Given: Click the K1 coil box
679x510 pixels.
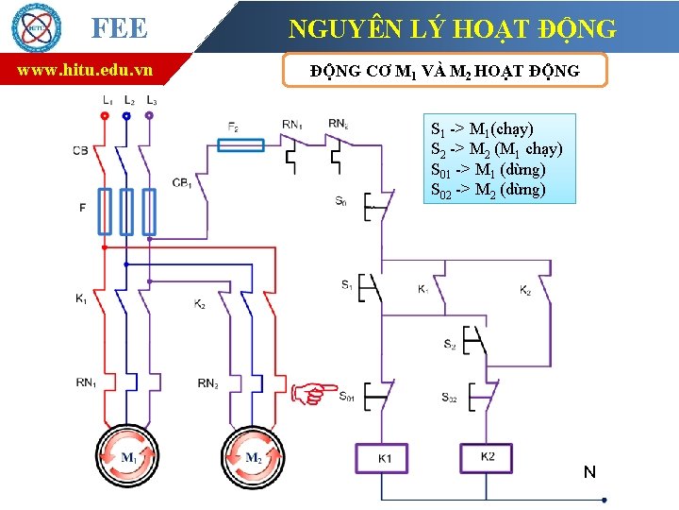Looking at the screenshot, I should coord(384,458).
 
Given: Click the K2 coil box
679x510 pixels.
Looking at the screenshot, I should coord(487,457).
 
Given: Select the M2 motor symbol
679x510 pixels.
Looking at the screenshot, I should coord(252,458).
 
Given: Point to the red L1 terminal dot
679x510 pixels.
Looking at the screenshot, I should coord(104,116).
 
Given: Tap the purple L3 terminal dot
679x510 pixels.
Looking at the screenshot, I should coord(150,116).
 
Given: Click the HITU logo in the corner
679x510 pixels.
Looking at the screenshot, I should coord(35,27).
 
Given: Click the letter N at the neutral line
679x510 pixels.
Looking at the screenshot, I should coord(588,471).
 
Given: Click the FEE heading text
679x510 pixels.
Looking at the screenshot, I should coord(120,28).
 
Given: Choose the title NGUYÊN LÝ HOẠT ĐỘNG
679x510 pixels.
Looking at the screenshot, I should coord(453,28).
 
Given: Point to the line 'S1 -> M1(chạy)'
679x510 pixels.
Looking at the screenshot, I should coord(482,128).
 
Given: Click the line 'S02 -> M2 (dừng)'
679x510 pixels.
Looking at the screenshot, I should coord(488,190).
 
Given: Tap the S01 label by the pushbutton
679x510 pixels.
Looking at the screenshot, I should coord(345,397).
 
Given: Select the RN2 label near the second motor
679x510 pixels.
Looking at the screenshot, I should coord(209,382).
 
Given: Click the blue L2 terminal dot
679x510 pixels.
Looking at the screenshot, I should coord(126,116).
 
